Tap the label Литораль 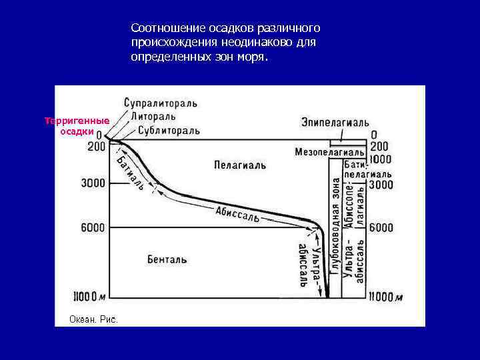click(155, 117)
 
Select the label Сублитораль click(164, 130)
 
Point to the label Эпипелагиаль click(335, 123)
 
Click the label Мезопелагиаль click(329, 152)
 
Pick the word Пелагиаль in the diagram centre click(240, 164)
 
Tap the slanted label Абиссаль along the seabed click(237, 215)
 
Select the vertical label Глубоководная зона click(335, 227)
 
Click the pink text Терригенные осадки click(77, 126)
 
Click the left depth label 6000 click(93, 227)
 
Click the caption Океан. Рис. click(93, 319)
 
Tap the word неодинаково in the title click(247, 43)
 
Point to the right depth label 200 click(379, 146)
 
